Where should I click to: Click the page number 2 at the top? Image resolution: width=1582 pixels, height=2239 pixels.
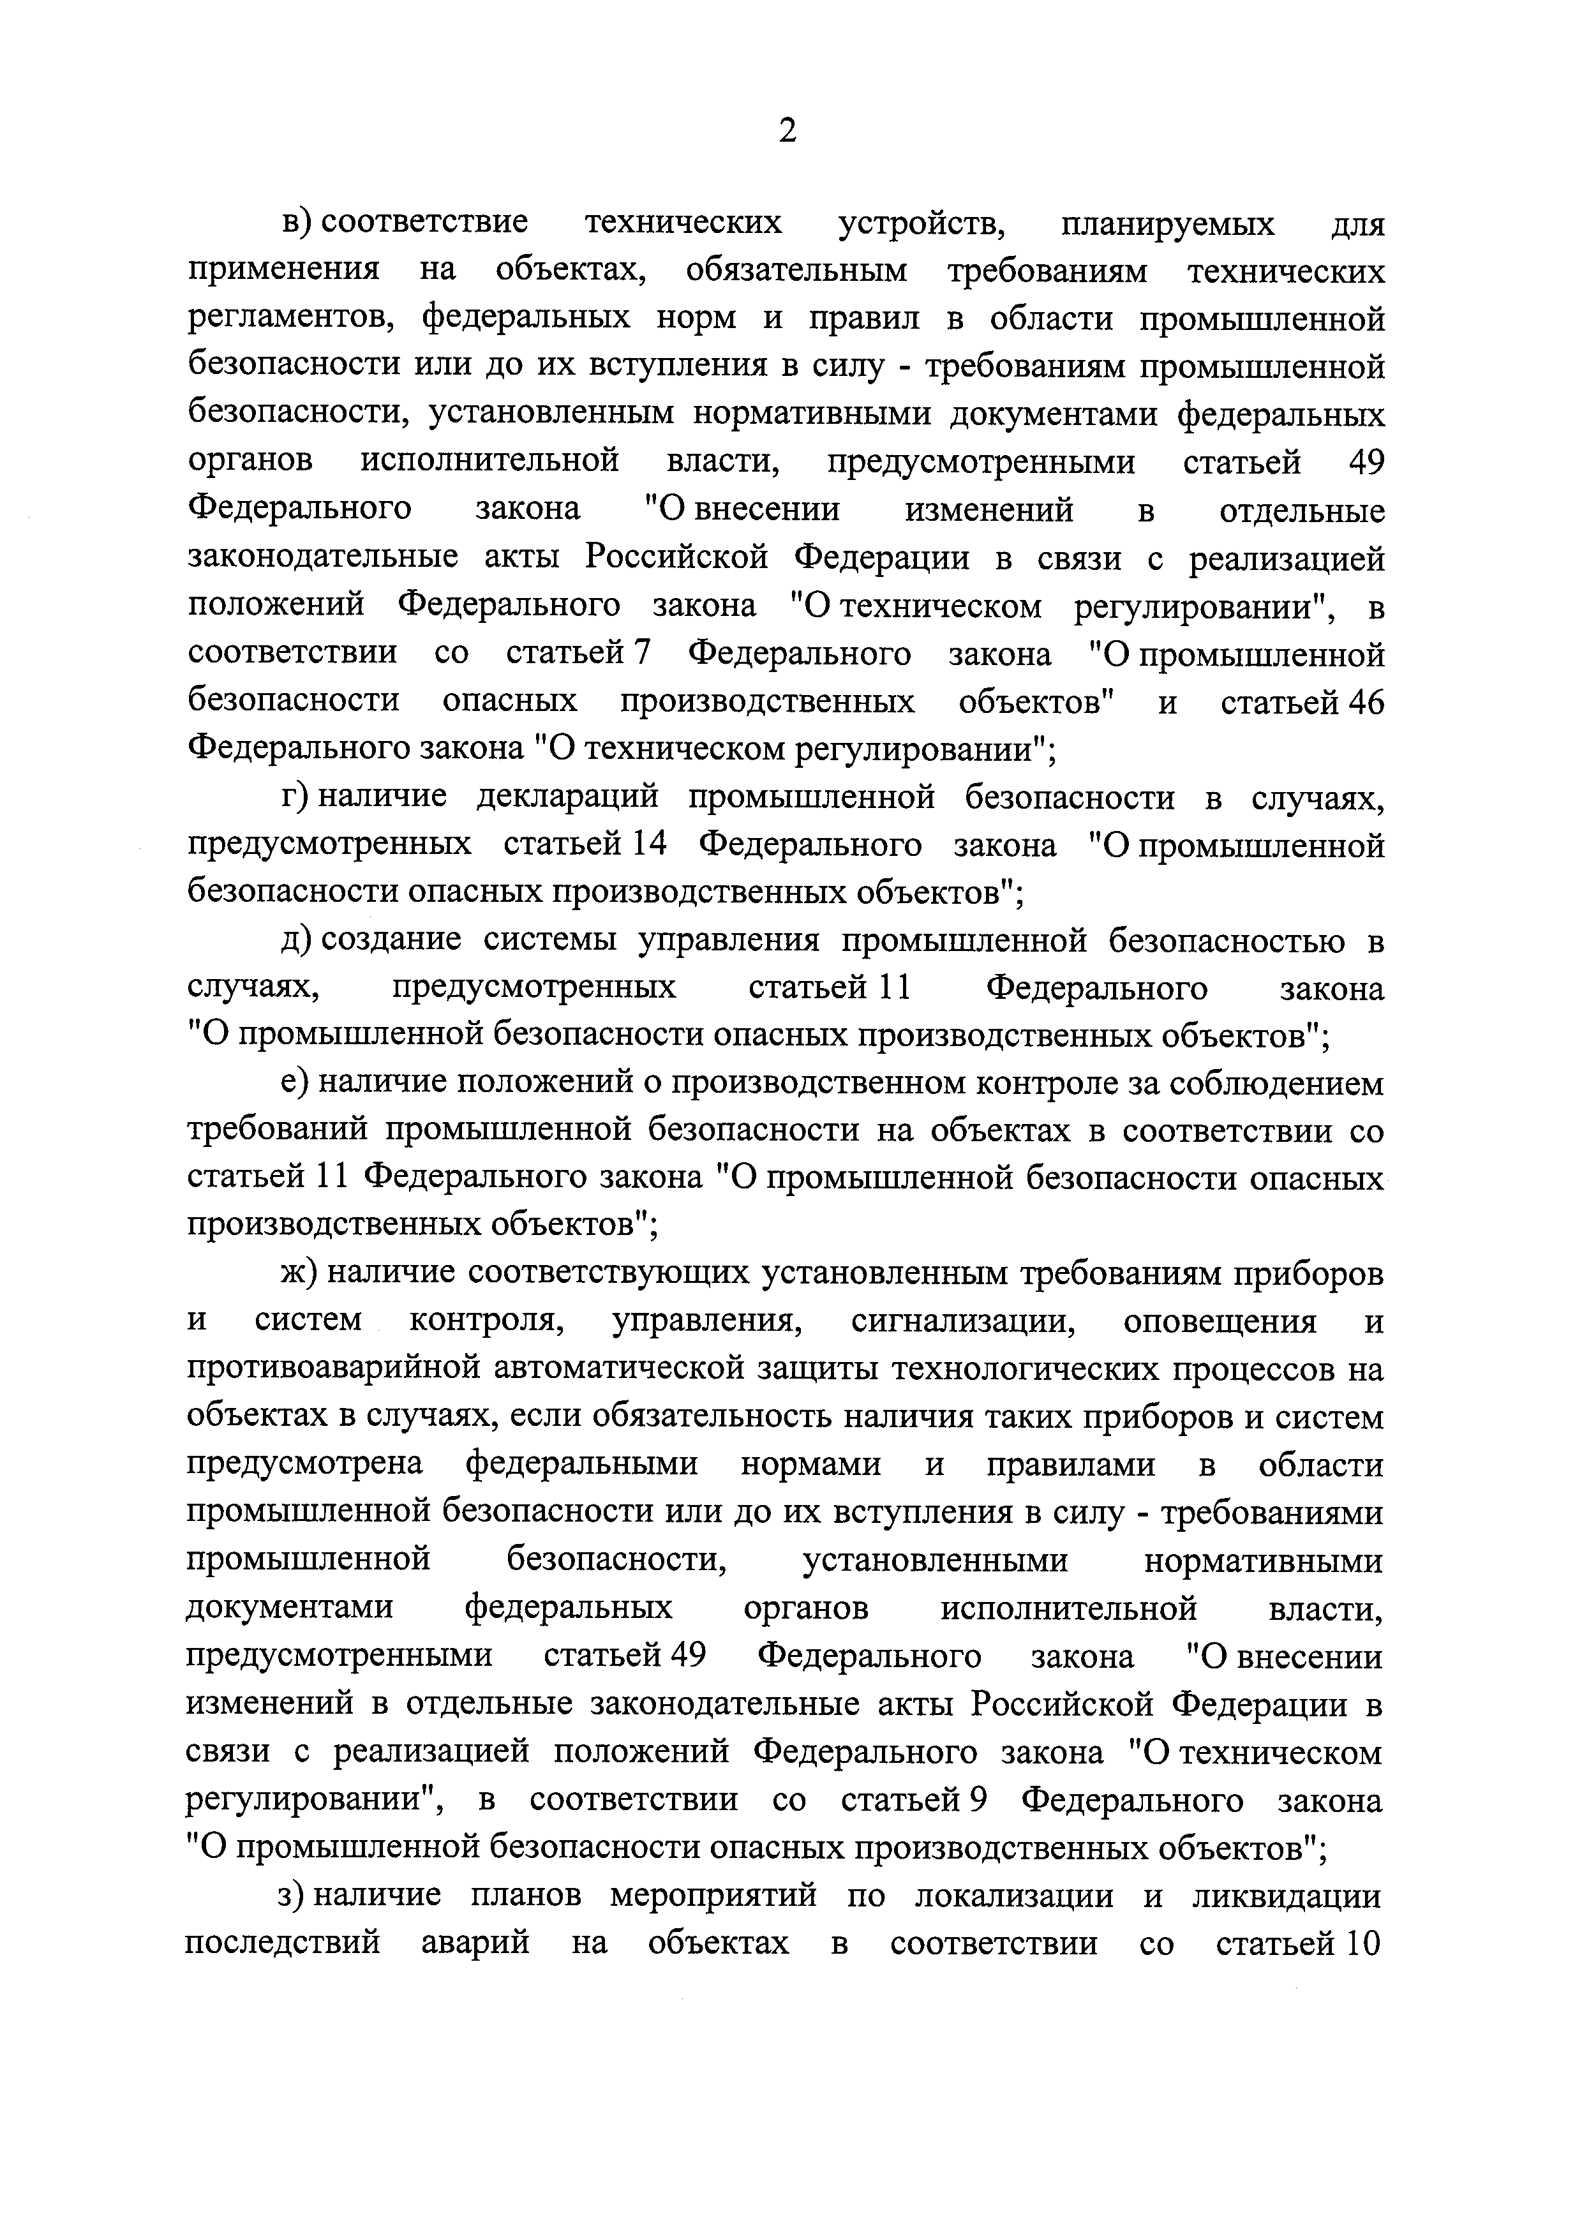pyautogui.click(x=787, y=130)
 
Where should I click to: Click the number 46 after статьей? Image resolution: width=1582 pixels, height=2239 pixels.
pyautogui.click(x=1366, y=701)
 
